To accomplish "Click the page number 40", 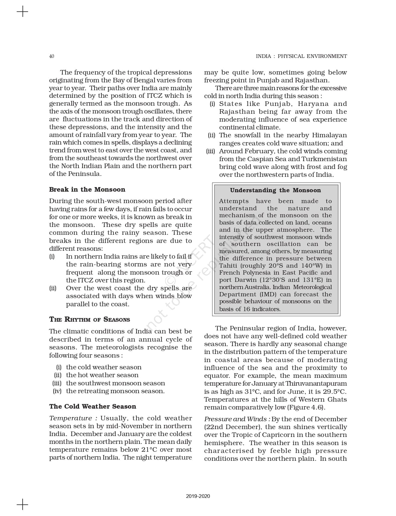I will click(x=52, y=56).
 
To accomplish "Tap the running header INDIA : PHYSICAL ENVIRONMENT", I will click(x=301, y=56).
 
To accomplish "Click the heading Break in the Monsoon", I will click(x=87, y=190).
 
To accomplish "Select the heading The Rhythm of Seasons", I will click(x=90, y=320).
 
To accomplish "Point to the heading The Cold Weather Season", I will click(x=93, y=406).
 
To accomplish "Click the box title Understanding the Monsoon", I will click(x=275, y=190).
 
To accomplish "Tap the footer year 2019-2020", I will click(x=198, y=496).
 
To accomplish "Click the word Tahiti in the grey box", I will click(x=228, y=266).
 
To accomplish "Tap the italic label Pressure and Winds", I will click(x=237, y=419).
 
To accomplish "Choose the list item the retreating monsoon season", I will click(x=115, y=391).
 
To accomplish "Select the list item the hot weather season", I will click(x=102, y=375).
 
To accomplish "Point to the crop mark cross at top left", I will click(x=22, y=12).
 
